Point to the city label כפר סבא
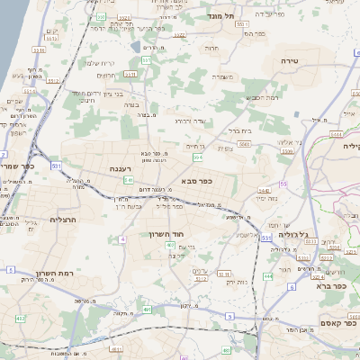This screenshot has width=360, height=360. coord(196,180)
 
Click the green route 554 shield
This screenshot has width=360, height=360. coord(195,157)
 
